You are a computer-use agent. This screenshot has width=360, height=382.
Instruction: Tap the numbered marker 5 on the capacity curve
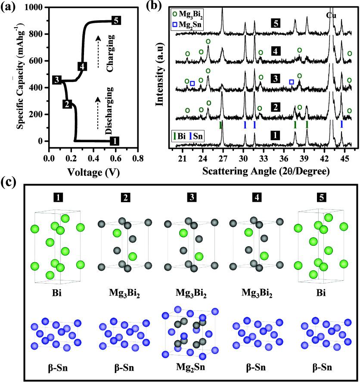tap(115, 20)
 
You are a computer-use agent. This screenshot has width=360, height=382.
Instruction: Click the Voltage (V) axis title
tap(93, 172)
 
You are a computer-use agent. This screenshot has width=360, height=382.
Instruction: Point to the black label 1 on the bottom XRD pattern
tap(273, 135)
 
